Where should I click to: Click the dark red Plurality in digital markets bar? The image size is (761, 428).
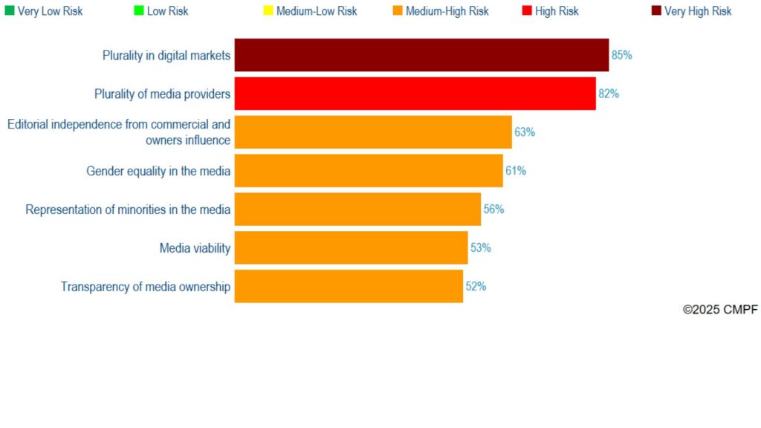pyautogui.click(x=421, y=55)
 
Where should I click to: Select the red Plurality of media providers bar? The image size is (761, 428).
pyautogui.click(x=415, y=94)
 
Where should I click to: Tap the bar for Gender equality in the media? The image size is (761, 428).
pyautogui.click(x=369, y=171)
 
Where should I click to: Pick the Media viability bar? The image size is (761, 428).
pyautogui.click(x=351, y=247)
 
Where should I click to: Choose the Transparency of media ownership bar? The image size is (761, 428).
pyautogui.click(x=349, y=286)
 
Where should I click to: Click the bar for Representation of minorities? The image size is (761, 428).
pyautogui.click(x=357, y=210)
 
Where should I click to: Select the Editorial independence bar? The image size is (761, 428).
pyautogui.click(x=373, y=132)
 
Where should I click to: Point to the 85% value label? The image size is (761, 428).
pyautogui.click(x=621, y=55)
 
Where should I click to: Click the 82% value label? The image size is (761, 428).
pyautogui.click(x=609, y=94)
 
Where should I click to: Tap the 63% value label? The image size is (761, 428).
pyautogui.click(x=525, y=132)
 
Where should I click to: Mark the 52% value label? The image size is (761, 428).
pyautogui.click(x=476, y=286)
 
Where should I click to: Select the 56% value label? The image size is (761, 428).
pyautogui.click(x=493, y=210)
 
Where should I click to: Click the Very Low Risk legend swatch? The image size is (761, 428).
pyautogui.click(x=10, y=10)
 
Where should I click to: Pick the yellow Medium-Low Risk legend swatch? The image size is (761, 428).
pyautogui.click(x=268, y=10)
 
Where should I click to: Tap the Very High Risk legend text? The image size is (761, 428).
pyautogui.click(x=698, y=11)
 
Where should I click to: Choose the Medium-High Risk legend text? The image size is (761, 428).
pyautogui.click(x=447, y=11)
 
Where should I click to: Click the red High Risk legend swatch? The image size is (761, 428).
pyautogui.click(x=527, y=10)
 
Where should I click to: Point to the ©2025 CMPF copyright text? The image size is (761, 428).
pyautogui.click(x=720, y=310)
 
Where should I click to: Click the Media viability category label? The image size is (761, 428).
pyautogui.click(x=195, y=248)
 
